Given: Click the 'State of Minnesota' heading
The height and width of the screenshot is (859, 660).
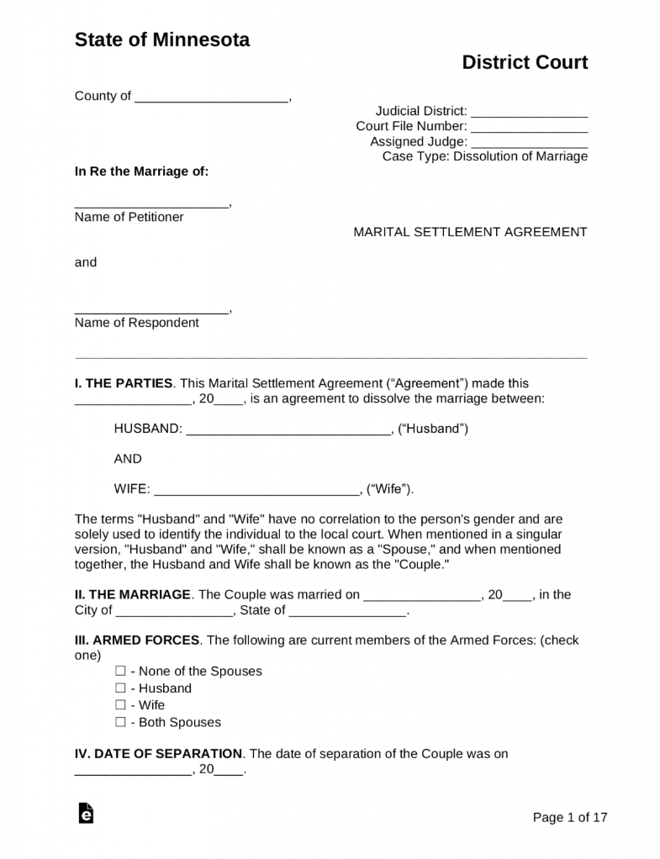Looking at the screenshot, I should (161, 40).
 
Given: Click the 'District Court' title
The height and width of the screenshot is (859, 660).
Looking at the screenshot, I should (525, 62).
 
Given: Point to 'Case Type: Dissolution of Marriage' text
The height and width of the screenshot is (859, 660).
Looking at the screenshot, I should (484, 156).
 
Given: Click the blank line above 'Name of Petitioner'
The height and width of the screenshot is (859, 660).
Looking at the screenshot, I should (151, 204).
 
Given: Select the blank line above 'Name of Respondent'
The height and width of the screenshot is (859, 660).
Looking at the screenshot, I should (151, 310).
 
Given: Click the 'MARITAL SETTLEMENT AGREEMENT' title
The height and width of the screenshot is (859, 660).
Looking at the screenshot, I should (470, 232).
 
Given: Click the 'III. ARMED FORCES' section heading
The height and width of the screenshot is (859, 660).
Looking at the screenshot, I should (137, 640).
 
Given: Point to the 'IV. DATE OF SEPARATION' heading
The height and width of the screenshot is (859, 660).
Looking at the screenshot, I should (159, 754).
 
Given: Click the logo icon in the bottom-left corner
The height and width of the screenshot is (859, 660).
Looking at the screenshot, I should (85, 814).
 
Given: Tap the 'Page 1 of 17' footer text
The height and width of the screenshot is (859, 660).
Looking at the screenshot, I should (570, 817).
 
